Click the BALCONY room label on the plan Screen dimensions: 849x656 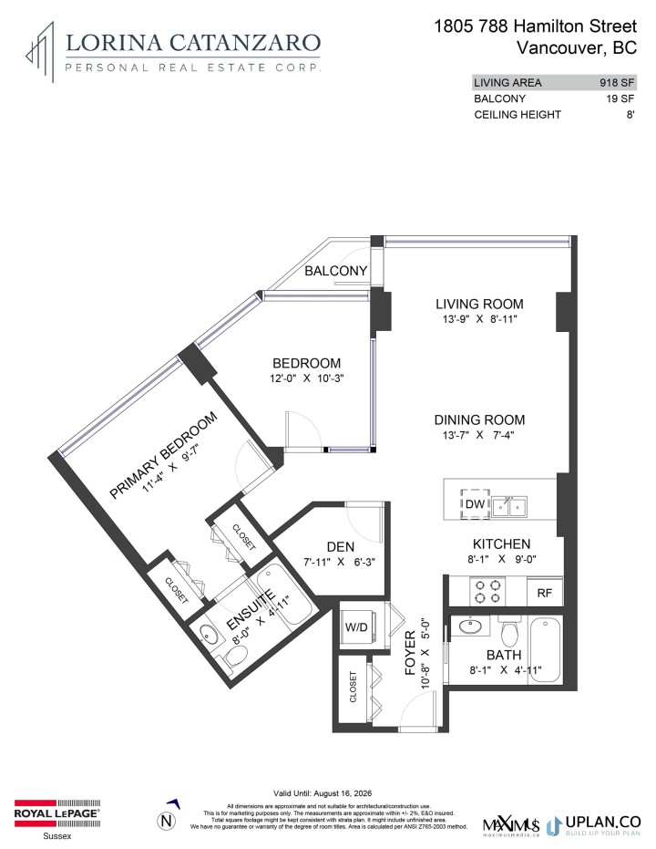336,271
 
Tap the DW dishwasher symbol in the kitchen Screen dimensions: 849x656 474,503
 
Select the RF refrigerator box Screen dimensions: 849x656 545,592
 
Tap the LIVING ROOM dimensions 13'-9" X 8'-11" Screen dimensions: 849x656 478,320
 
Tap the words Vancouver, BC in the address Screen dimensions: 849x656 576,47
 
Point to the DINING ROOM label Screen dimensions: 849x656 479,419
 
